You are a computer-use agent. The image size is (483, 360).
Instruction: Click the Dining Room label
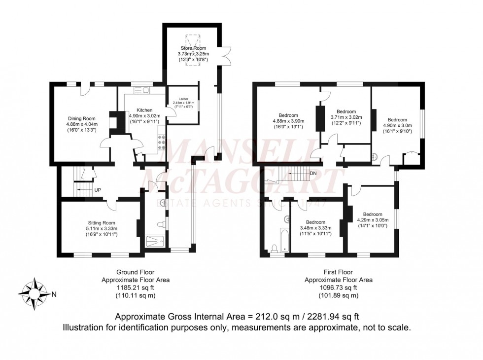point(82,118)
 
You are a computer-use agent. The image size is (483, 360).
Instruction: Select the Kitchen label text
point(144,110)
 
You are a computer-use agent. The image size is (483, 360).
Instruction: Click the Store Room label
point(193,48)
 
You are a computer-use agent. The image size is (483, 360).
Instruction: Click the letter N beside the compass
point(54,295)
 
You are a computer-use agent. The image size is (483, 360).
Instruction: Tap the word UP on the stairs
point(98,189)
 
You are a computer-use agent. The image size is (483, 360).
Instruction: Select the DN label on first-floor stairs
point(313,174)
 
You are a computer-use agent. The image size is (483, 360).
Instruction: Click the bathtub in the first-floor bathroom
point(284,240)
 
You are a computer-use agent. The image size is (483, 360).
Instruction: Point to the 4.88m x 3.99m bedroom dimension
point(289,121)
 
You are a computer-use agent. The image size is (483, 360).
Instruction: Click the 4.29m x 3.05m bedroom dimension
point(377,220)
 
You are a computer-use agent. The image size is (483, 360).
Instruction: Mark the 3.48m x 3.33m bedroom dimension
point(315,228)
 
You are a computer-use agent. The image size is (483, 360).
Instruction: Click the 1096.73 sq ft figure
point(338,288)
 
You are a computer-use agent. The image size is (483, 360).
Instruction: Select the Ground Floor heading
point(136,272)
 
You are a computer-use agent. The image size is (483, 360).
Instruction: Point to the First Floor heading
point(338,272)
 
